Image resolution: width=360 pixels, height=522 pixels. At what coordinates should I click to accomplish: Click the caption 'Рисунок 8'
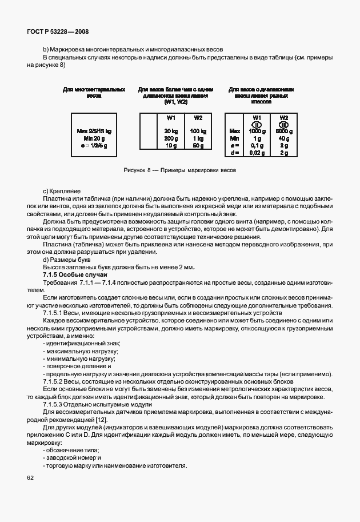(137, 170)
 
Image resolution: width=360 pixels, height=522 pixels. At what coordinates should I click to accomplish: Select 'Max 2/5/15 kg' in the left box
(94, 132)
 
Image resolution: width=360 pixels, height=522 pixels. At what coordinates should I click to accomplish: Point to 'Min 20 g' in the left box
(94, 139)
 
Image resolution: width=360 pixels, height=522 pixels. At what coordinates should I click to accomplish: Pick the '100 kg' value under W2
(198, 132)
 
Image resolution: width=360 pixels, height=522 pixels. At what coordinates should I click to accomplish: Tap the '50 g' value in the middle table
(198, 146)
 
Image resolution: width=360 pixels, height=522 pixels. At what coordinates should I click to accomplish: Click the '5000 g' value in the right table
(283, 132)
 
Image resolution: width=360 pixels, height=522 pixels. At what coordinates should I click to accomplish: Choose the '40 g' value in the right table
(283, 139)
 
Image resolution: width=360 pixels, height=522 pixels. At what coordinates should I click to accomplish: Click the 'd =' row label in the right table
(233, 154)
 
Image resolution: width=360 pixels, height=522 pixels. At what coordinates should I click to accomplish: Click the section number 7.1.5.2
(55, 381)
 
